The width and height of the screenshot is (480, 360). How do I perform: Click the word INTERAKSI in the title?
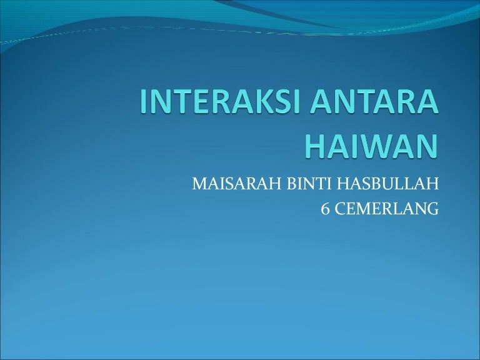220,102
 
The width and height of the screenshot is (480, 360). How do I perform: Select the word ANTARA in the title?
374,102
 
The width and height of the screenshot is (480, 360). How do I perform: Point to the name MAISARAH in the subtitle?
237,184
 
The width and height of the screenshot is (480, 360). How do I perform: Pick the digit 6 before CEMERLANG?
325,209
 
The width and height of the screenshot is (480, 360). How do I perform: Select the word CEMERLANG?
387,209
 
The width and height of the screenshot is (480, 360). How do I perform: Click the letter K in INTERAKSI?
256,102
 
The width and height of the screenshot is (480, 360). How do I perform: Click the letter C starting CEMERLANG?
340,209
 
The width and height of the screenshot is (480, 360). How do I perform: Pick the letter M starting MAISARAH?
199,184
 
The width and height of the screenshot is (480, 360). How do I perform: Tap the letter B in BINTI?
292,184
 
